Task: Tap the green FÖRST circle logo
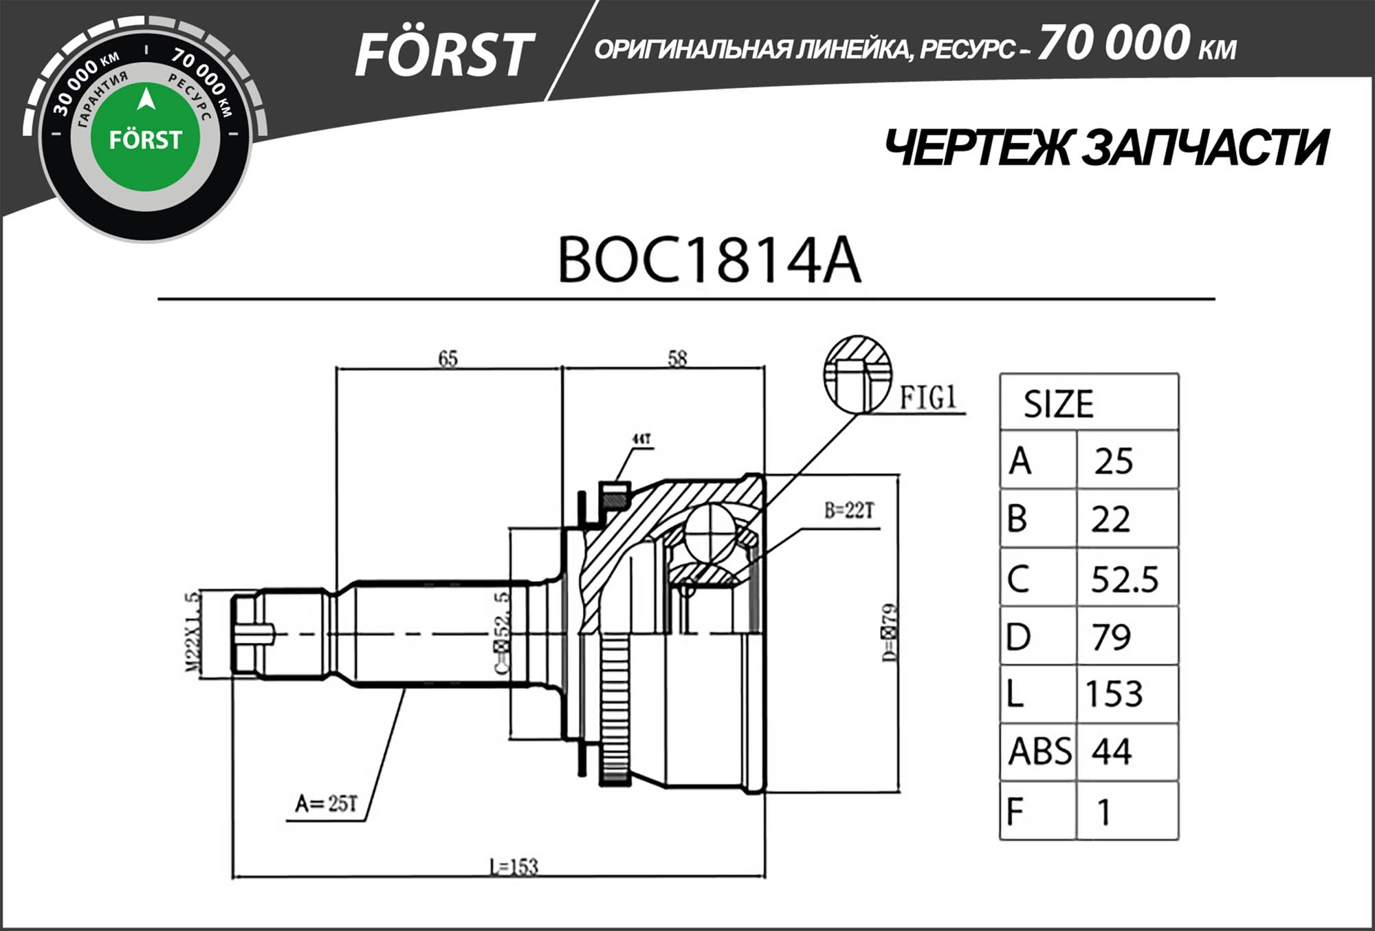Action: (145, 138)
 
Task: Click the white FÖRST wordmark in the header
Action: (443, 55)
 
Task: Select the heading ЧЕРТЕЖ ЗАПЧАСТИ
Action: (1105, 149)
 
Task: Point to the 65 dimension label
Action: (448, 358)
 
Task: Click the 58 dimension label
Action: (677, 358)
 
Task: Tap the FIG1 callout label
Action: (928, 397)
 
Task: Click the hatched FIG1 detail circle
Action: (857, 375)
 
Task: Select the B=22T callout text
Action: (849, 510)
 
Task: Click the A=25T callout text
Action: (327, 803)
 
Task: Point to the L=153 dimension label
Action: (514, 866)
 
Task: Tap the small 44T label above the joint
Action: (641, 439)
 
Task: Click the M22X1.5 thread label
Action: (193, 633)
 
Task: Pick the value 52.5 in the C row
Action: (1124, 579)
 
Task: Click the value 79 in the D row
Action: (1111, 637)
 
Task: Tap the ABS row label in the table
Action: (1039, 751)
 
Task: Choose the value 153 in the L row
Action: (1114, 694)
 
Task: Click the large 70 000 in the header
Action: (1113, 43)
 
